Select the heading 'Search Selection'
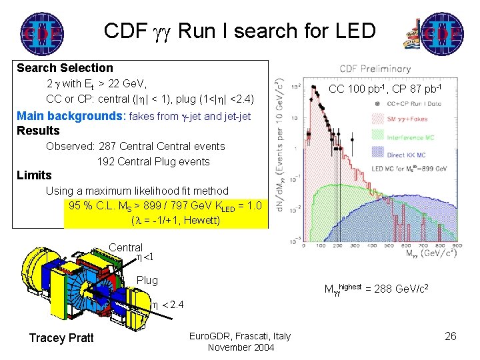(65, 68)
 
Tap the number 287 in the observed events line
(109, 146)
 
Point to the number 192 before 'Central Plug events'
(107, 161)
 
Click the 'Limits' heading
(34, 175)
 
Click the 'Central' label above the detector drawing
(126, 247)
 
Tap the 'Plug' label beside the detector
(147, 280)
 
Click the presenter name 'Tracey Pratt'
(61, 338)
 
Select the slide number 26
(451, 336)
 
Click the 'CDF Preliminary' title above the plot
(375, 69)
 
